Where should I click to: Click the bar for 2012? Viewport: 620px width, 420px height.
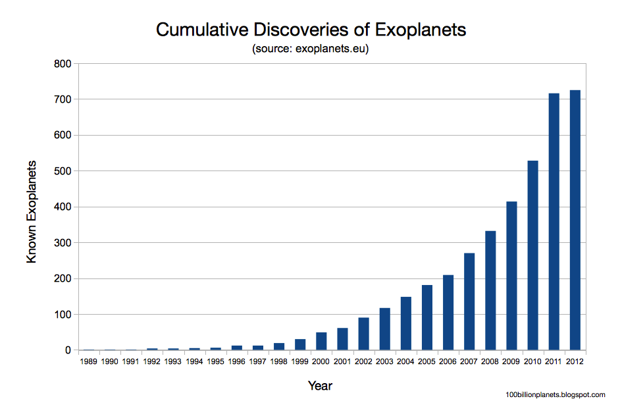pos(575,220)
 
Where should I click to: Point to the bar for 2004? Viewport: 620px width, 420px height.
pos(405,323)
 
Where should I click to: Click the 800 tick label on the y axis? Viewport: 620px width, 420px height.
pos(63,64)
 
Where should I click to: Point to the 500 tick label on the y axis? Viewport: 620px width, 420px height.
pos(63,171)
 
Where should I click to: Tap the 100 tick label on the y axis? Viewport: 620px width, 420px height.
pos(63,315)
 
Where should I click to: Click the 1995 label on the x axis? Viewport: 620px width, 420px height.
pos(215,361)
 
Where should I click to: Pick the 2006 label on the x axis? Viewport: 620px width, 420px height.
pos(448,361)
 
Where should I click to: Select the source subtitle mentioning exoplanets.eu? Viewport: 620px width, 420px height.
pos(310,49)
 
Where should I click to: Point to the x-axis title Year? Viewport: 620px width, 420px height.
pos(320,386)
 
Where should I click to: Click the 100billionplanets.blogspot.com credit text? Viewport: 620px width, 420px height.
pos(555,394)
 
